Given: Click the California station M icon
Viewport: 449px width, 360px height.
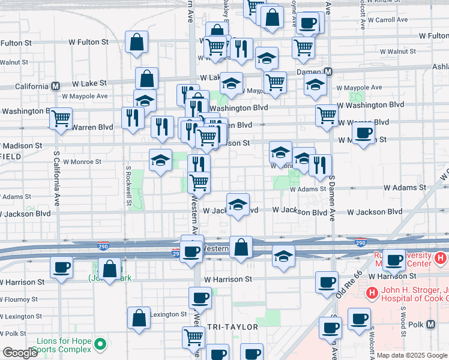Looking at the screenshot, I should (x=55, y=86).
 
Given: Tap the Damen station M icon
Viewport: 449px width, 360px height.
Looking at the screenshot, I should (x=328, y=71).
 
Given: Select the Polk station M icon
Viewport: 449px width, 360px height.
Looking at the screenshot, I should (x=431, y=325).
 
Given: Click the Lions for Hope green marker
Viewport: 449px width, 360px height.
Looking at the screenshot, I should (x=100, y=344).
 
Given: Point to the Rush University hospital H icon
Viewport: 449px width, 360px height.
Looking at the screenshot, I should (x=441, y=259).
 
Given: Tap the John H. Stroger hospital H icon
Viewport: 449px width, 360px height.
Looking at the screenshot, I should (x=372, y=293).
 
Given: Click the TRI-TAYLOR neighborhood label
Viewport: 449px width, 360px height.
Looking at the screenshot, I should (x=232, y=327).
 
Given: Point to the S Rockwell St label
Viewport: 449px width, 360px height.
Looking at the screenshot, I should (x=128, y=187).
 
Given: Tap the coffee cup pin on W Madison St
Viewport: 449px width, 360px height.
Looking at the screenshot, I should (x=363, y=134).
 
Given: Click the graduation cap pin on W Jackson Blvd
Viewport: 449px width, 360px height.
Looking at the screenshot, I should (x=238, y=205).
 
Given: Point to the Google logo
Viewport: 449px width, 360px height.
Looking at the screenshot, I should (x=20, y=353).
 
